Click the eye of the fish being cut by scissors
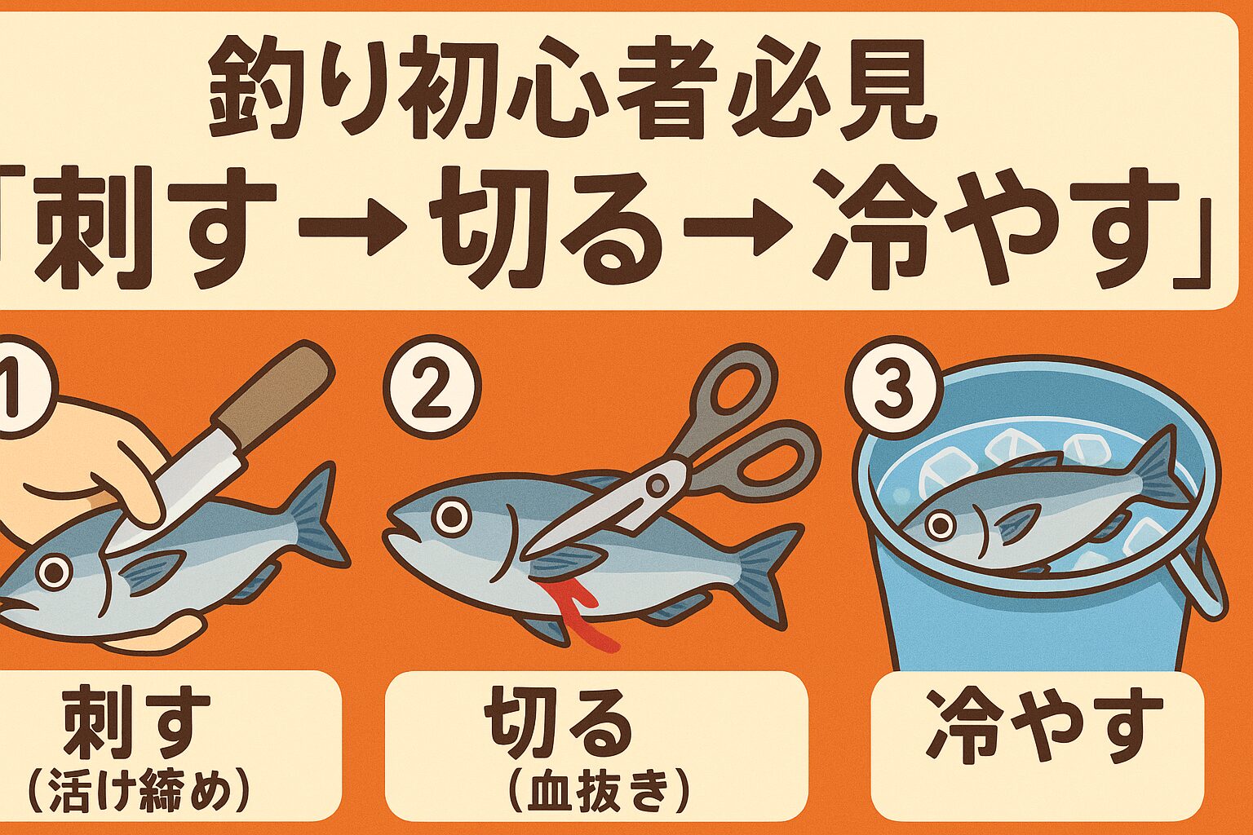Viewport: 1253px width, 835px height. tap(451, 515)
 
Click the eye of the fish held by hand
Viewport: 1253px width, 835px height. tap(54, 572)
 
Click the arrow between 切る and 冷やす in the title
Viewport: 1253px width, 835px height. tap(734, 228)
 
